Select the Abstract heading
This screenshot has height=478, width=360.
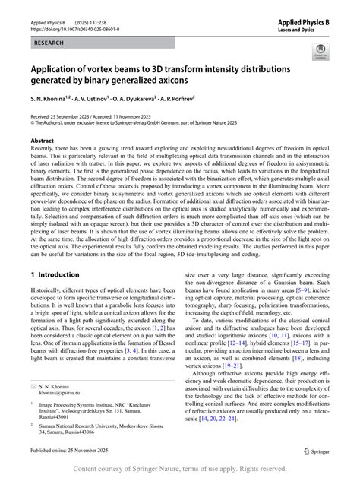42,141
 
